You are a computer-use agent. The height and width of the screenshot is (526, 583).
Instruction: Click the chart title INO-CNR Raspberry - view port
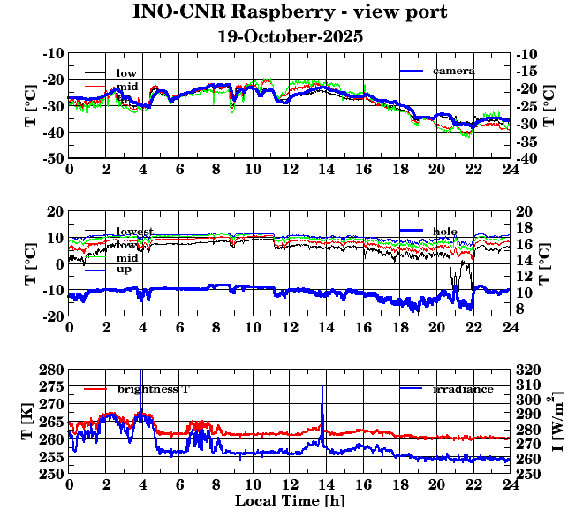click(291, 13)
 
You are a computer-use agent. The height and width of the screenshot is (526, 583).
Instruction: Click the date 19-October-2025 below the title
click(291, 38)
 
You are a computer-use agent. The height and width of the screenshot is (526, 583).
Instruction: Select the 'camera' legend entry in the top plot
click(454, 71)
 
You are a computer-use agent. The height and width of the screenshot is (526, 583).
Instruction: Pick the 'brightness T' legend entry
click(153, 389)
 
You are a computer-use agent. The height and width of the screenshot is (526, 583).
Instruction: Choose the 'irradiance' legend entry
click(463, 389)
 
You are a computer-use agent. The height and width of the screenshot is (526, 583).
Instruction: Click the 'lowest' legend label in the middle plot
click(135, 232)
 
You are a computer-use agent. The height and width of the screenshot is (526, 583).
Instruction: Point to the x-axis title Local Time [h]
click(290, 501)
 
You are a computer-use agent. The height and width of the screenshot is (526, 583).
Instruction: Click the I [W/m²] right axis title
click(556, 421)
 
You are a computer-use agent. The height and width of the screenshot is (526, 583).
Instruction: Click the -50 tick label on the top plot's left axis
click(52, 158)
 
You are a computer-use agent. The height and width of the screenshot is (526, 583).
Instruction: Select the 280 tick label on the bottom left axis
click(52, 370)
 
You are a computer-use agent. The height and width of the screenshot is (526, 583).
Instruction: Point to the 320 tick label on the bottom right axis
click(527, 370)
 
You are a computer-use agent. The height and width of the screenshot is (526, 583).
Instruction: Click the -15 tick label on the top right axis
click(527, 71)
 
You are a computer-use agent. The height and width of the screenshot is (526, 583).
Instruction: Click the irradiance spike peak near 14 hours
click(322, 386)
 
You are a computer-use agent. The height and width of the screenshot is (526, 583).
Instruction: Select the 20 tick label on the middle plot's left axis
click(56, 211)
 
